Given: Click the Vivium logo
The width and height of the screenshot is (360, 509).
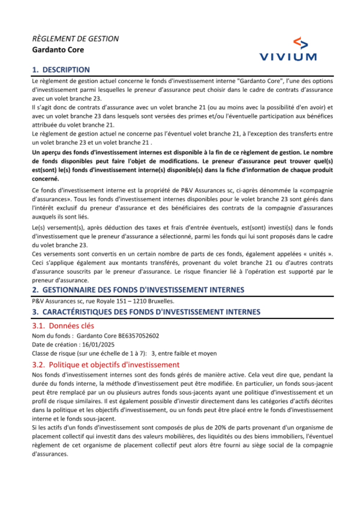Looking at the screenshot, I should pyautogui.click(x=288, y=49).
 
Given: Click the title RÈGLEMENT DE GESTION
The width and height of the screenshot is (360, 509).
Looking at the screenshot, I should pyautogui.click(x=75, y=39).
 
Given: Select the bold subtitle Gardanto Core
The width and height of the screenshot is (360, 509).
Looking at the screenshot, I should pyautogui.click(x=58, y=50).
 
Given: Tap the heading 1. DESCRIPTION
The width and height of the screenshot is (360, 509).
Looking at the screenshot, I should pyautogui.click(x=61, y=70).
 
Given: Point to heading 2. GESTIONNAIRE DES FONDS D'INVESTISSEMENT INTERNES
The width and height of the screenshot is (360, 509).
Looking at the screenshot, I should pyautogui.click(x=138, y=290).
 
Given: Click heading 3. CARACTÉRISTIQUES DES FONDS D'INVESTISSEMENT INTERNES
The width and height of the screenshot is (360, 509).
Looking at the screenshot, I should pyautogui.click(x=146, y=312).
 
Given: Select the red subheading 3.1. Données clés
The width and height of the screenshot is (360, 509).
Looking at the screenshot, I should pyautogui.click(x=63, y=326).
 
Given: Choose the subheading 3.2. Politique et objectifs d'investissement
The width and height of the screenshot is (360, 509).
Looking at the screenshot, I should pyautogui.click(x=106, y=365).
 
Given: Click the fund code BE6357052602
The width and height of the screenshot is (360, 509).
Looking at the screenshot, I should pyautogui.click(x=139, y=336).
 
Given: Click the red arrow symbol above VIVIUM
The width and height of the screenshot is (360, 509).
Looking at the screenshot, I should pyautogui.click(x=301, y=43).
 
